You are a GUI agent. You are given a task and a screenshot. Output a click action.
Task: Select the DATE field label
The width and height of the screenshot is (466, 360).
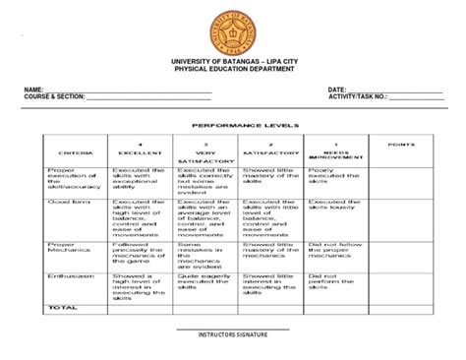[338, 90]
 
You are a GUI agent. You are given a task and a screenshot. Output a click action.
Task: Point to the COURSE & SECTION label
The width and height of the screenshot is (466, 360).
[54, 97]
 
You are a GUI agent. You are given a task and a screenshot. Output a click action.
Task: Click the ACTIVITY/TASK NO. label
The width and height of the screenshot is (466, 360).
[358, 97]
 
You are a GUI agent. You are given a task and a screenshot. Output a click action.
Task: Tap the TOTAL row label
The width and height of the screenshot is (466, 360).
[61, 308]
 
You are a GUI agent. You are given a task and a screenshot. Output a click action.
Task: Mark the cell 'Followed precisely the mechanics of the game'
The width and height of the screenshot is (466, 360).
[138, 254]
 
